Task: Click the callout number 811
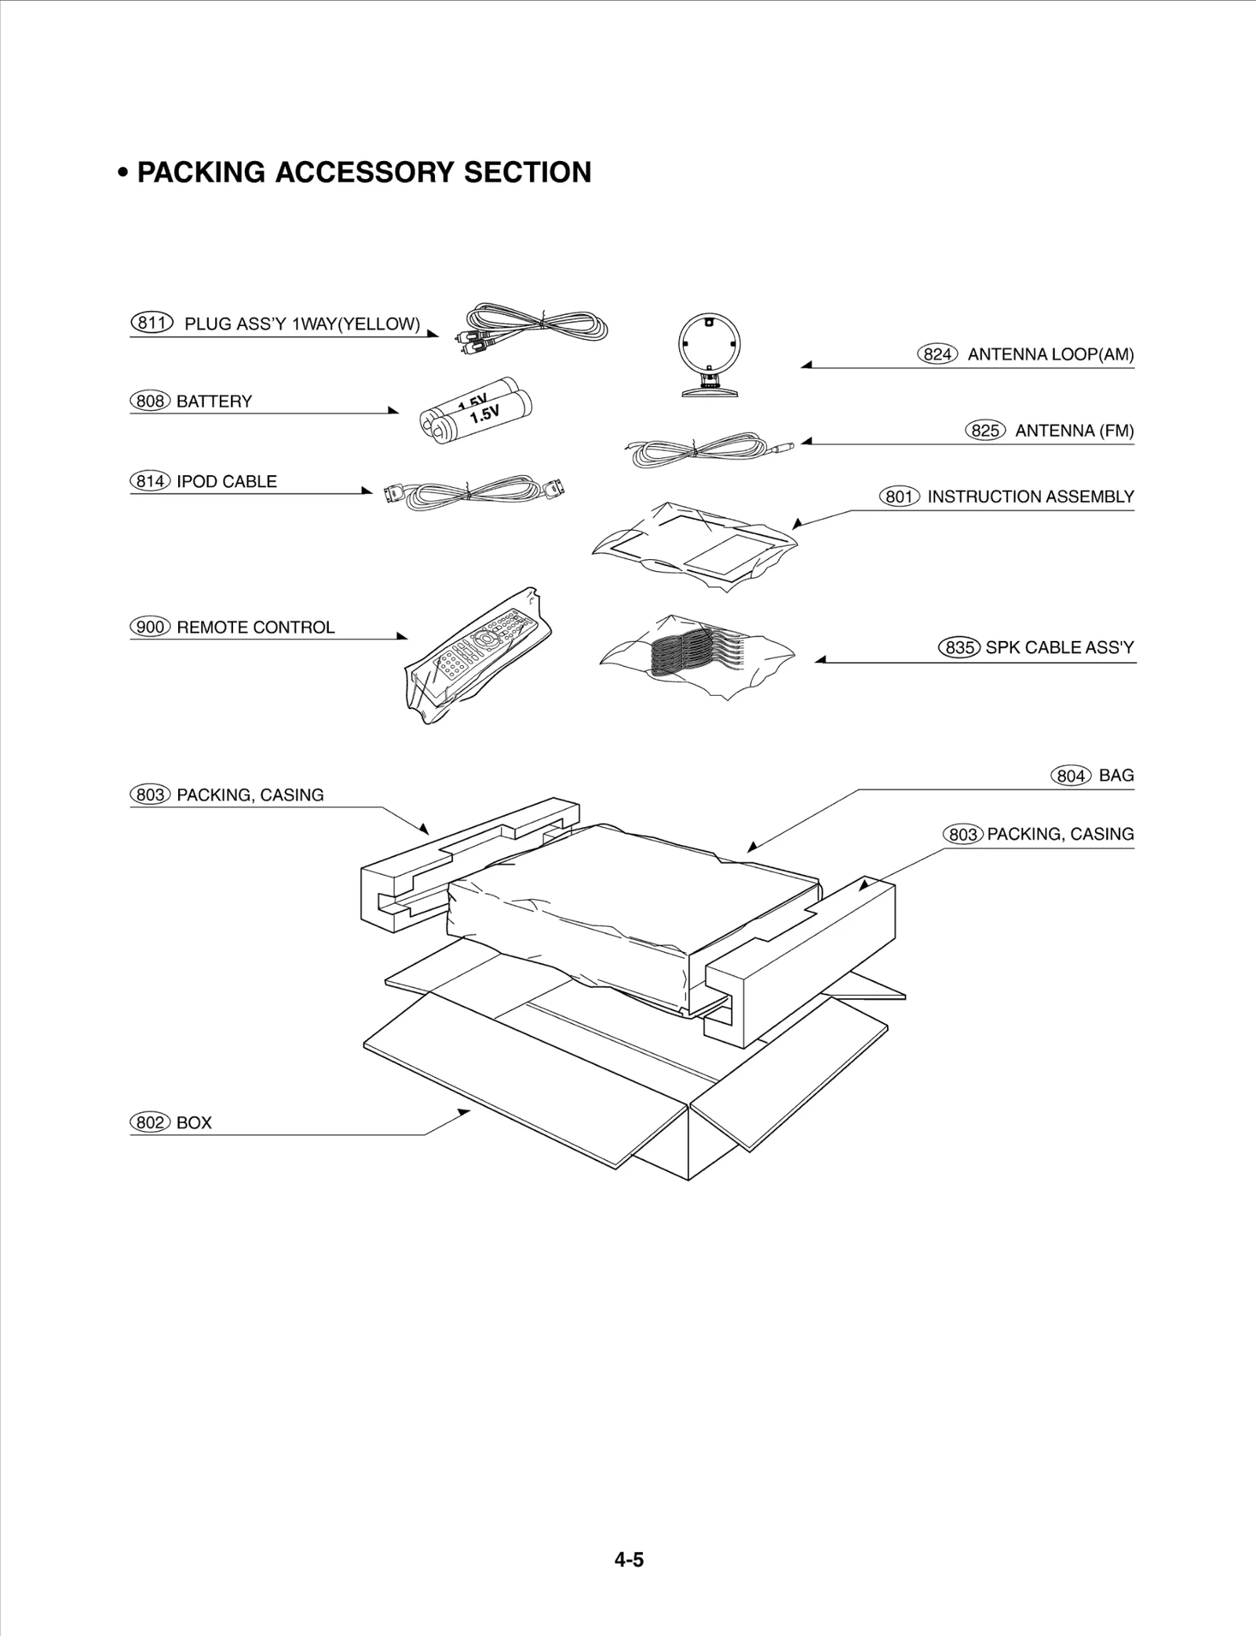(x=151, y=323)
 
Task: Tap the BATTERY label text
(x=214, y=401)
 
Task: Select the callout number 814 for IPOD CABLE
(x=149, y=481)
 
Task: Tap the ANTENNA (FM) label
(x=1074, y=430)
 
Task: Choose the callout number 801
(x=899, y=496)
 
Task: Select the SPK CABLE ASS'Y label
(x=1060, y=647)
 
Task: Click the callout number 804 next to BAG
(x=1071, y=776)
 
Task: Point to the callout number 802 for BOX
(x=149, y=1122)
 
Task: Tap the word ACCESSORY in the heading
(x=365, y=172)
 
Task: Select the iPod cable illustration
(x=473, y=492)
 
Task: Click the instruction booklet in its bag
(x=695, y=544)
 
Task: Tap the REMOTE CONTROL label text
(x=256, y=627)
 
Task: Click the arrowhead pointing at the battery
(x=393, y=410)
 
